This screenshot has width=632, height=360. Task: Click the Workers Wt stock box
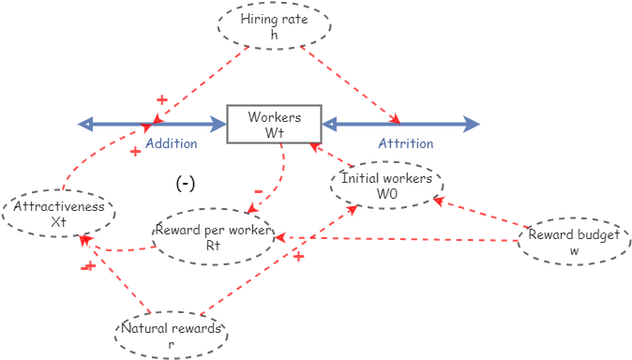point(274,124)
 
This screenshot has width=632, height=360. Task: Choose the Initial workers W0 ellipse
point(385,184)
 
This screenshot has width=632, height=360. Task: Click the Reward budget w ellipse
point(573,242)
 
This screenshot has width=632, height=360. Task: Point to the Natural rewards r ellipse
point(171,335)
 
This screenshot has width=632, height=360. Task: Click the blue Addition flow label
point(171,144)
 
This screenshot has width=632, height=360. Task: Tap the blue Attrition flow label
point(405,144)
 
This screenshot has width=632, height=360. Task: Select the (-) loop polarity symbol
point(186,184)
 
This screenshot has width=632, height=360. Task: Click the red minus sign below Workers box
point(259,192)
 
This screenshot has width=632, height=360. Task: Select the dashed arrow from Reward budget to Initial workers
point(478,216)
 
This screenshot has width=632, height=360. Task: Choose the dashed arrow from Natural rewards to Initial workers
point(281,262)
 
